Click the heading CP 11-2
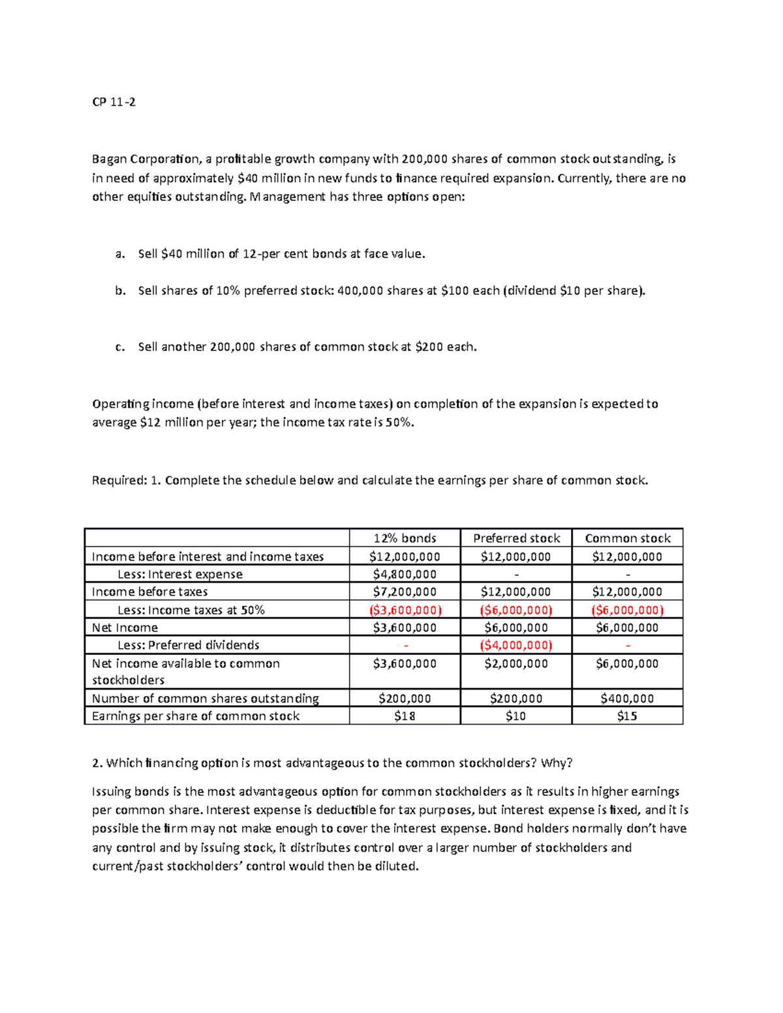114,102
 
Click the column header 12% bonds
405,538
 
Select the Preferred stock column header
516,538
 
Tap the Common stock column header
627,538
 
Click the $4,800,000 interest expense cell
405,574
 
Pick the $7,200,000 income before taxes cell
405,592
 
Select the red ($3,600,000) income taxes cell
405,610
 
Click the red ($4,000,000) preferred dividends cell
516,645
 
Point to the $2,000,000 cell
516,663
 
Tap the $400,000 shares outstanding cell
627,698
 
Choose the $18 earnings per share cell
405,716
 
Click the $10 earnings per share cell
516,716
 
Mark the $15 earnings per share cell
627,716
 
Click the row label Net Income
125,627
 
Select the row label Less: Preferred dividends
188,645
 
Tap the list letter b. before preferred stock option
119,291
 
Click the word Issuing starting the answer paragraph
111,792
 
